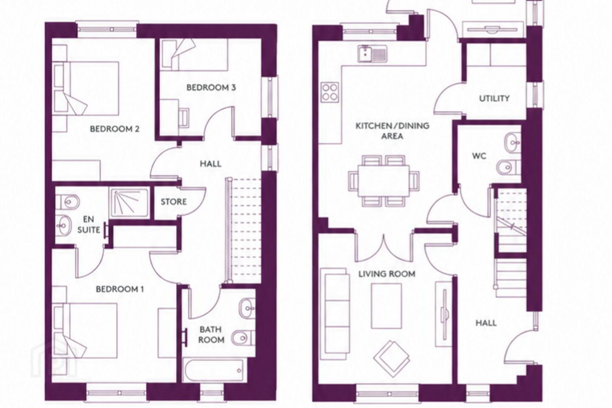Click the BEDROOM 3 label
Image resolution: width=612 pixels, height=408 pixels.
[211, 88]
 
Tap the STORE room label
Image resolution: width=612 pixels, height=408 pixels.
[173, 202]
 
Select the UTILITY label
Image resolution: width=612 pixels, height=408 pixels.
[494, 98]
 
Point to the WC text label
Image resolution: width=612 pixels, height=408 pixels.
[479, 156]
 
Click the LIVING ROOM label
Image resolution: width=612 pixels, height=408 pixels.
[387, 274]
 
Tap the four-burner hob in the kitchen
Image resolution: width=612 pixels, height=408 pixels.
[330, 92]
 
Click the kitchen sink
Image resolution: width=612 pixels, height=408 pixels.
[373, 53]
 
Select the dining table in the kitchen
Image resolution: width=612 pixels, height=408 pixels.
[384, 181]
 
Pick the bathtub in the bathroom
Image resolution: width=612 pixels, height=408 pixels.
[213, 370]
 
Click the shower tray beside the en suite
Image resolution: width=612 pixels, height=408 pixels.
[130, 202]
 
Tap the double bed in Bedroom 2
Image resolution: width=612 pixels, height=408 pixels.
[86, 88]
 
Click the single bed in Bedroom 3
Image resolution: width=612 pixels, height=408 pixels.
[194, 55]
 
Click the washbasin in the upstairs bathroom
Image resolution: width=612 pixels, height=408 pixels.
[247, 309]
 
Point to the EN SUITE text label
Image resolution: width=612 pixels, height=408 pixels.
[88, 225]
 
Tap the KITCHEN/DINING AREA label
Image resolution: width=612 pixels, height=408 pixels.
[392, 131]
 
